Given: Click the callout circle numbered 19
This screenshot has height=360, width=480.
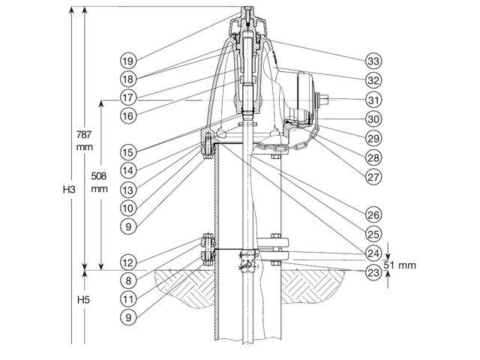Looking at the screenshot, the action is (x=128, y=61).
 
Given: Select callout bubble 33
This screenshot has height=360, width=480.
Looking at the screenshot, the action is (x=373, y=61).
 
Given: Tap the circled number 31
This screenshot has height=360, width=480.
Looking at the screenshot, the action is (x=373, y=100).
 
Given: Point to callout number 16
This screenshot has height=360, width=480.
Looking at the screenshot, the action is (x=128, y=115).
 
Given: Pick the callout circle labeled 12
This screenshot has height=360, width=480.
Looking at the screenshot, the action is (x=128, y=262).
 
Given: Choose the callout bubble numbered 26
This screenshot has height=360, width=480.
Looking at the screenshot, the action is (x=373, y=215).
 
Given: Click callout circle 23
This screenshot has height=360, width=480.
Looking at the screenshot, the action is (x=373, y=272).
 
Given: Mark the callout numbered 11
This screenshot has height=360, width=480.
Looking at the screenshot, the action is (x=128, y=298).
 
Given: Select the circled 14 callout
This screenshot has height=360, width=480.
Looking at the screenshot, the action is (x=128, y=170).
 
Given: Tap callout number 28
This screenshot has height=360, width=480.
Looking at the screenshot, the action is (x=373, y=157).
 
